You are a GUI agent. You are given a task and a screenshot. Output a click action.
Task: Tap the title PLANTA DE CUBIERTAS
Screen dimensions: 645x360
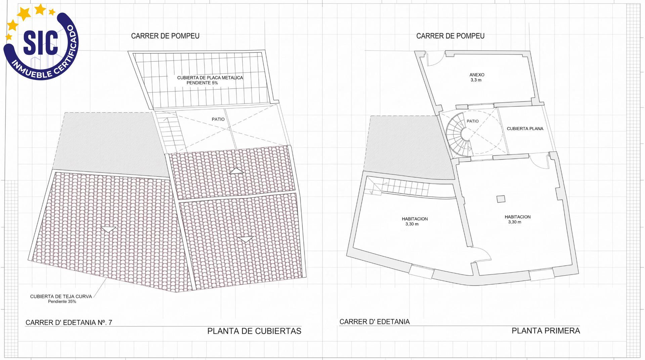[x=254, y=331]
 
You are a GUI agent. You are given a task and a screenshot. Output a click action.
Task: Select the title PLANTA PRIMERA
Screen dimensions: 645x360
[x=546, y=330]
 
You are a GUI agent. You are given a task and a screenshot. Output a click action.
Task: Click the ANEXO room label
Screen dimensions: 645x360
[x=477, y=75]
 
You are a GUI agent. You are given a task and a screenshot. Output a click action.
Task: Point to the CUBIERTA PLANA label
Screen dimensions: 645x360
[x=525, y=129]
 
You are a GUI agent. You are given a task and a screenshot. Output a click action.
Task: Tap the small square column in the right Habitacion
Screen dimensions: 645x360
[x=501, y=199]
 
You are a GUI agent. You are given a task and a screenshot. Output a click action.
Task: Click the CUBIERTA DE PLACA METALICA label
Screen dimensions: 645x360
[x=210, y=78]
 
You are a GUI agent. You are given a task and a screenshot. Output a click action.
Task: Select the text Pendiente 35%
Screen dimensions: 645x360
[x=62, y=302]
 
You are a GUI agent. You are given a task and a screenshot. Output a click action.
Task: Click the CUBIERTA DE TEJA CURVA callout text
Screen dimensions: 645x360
[x=61, y=296]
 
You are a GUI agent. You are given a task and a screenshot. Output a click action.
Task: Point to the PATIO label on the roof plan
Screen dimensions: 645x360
[x=218, y=119]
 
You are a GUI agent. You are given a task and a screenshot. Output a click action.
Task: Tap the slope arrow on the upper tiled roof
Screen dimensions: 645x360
[x=236, y=170]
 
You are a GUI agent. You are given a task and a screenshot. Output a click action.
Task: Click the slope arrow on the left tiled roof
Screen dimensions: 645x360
[x=109, y=230]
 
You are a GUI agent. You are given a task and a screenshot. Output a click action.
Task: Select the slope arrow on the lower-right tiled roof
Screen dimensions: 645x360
[x=246, y=239]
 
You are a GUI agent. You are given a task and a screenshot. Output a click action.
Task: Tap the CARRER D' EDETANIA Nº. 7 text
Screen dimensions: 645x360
[x=69, y=322]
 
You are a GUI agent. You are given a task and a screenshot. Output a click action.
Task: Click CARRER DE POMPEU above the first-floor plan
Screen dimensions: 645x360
[x=450, y=36]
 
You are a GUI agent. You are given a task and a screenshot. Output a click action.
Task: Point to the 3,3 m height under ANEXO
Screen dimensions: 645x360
[x=476, y=80]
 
